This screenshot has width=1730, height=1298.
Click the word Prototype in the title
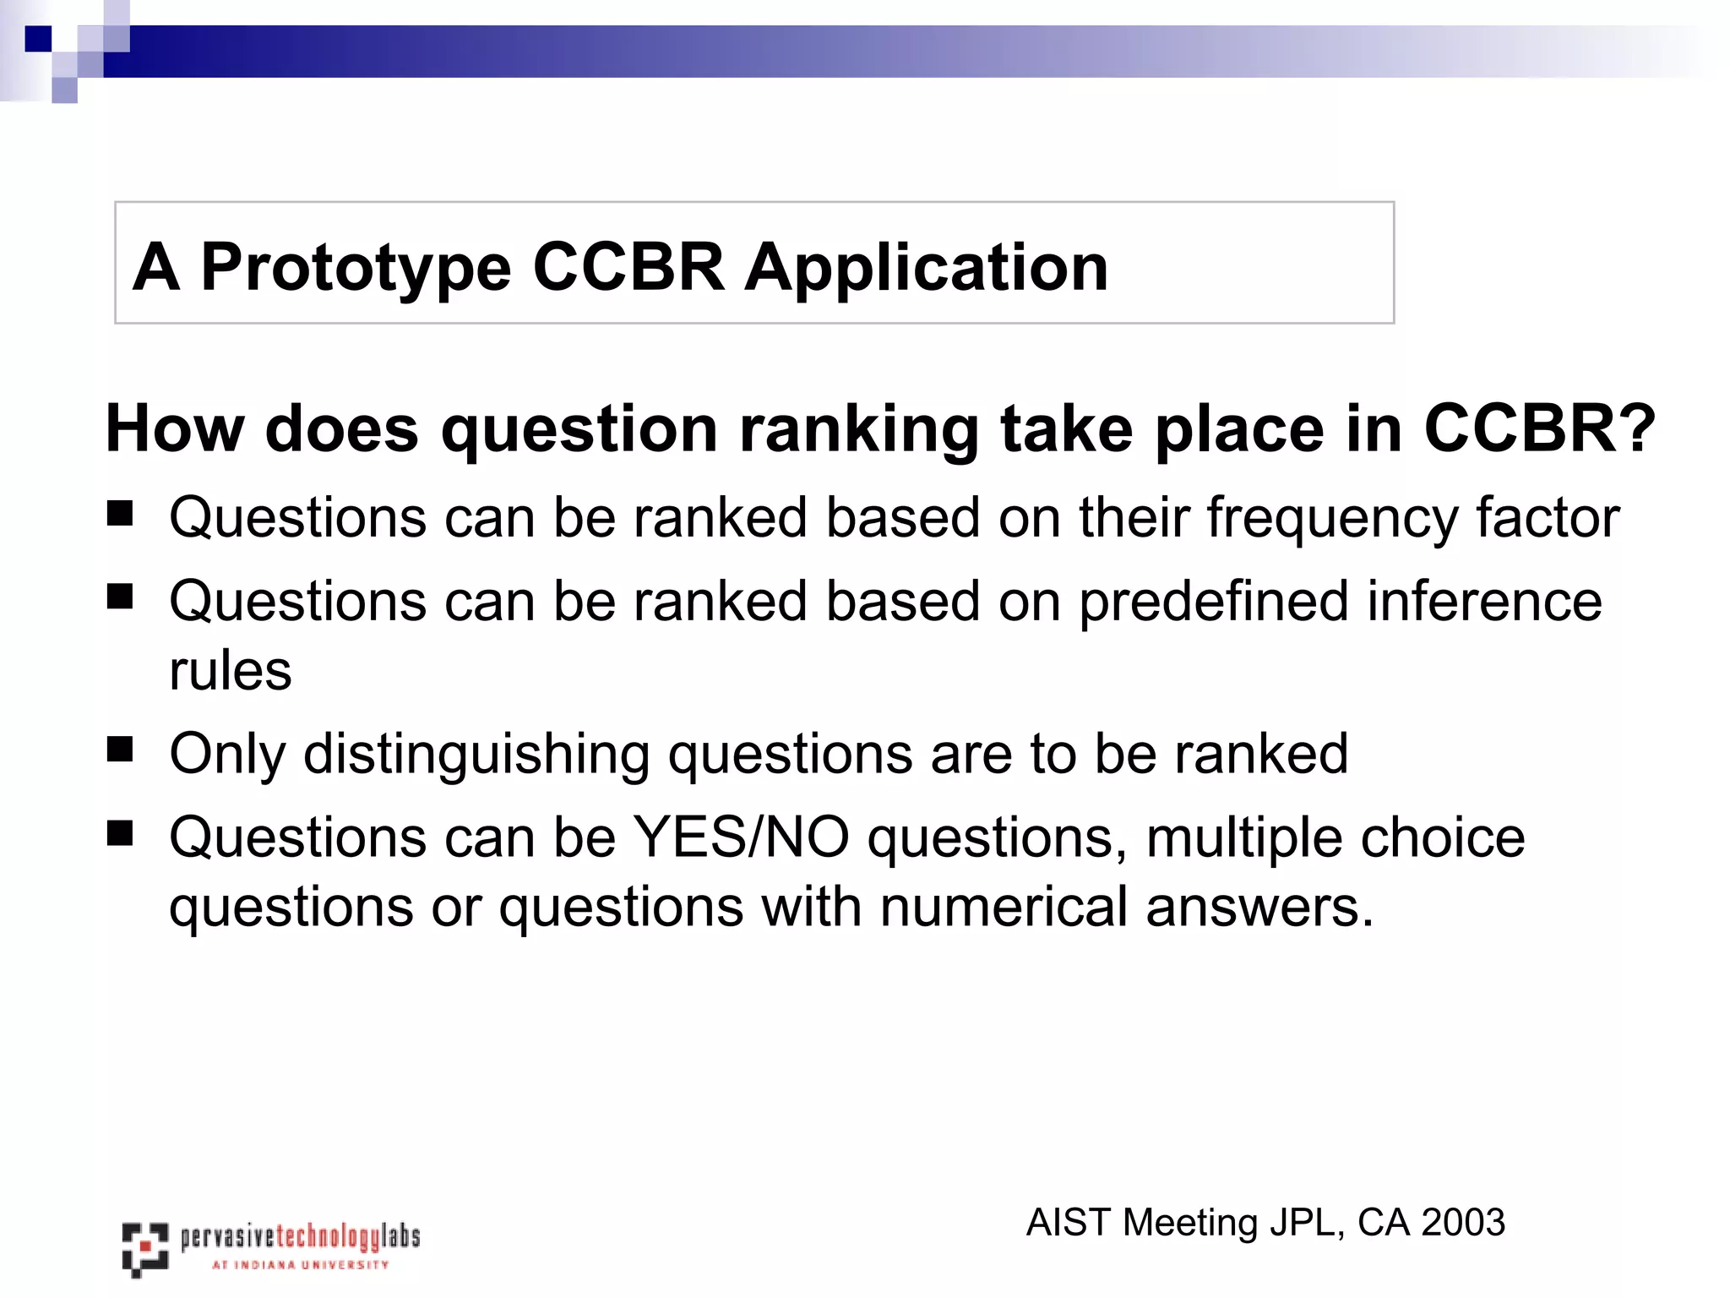pyautogui.click(x=355, y=269)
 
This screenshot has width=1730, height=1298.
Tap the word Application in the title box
pyautogui.click(x=926, y=269)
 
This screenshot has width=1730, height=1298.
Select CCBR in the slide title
pyautogui.click(x=628, y=267)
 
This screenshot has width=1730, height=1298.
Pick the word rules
pyautogui.click(x=230, y=671)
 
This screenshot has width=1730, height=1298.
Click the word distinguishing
pyautogui.click(x=476, y=755)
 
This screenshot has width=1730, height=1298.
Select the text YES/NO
pyautogui.click(x=741, y=837)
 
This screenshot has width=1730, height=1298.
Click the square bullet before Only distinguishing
pyautogui.click(x=120, y=749)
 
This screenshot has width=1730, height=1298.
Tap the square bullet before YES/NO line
pyautogui.click(x=120, y=833)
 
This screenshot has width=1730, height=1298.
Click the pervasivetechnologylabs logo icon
pyautogui.click(x=144, y=1248)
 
